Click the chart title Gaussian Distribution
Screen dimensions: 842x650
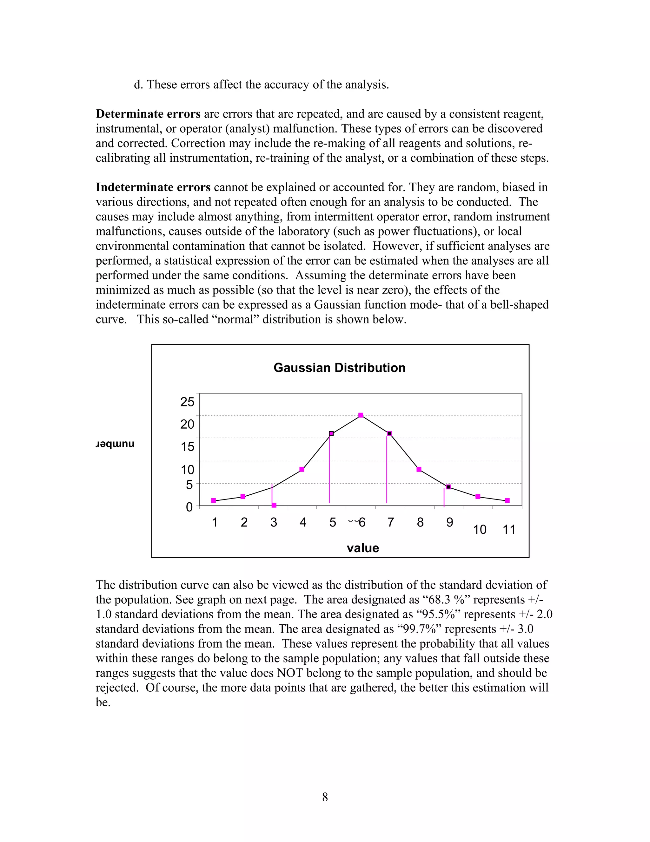pos(339,368)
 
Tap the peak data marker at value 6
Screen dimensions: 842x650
pos(361,415)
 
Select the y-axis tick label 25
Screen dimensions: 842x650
pos(188,402)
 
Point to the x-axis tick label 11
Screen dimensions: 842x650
pos(509,530)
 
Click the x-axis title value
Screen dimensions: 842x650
pos(363,548)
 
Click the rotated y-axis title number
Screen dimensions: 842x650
pos(115,445)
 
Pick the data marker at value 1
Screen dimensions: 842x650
pos(213,500)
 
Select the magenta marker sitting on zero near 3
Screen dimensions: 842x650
pos(274,505)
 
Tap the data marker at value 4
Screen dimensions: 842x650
pos(302,469)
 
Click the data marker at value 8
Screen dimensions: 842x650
pos(419,469)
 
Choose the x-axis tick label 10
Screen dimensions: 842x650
pos(480,530)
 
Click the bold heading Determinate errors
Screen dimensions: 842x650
pos(148,114)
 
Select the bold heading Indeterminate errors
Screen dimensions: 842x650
pos(153,187)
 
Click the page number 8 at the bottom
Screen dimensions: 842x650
pos(325,797)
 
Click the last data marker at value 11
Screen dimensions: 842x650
pos(507,500)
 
